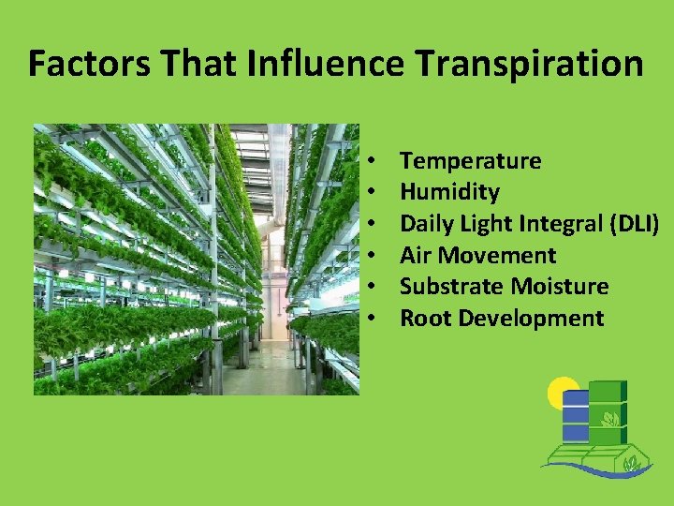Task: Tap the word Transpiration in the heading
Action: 529,63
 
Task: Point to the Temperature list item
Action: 470,161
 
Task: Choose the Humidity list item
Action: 449,192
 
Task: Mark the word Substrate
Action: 448,287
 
